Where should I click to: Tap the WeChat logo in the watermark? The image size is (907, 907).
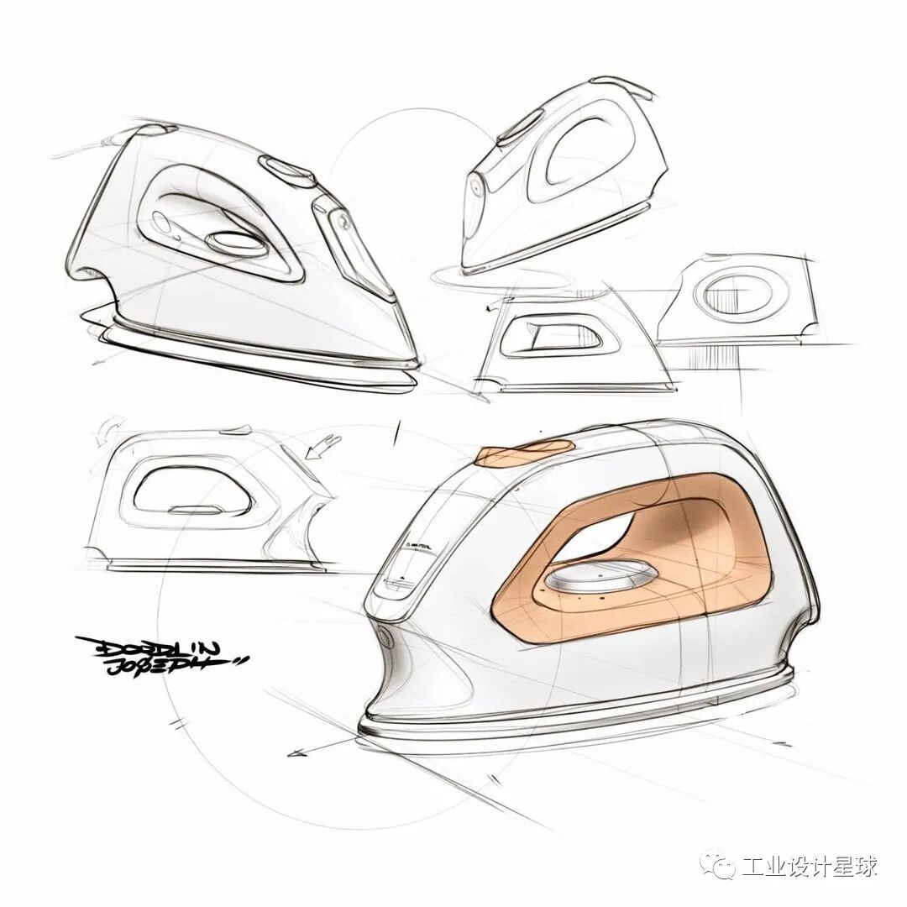coord(721,866)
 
